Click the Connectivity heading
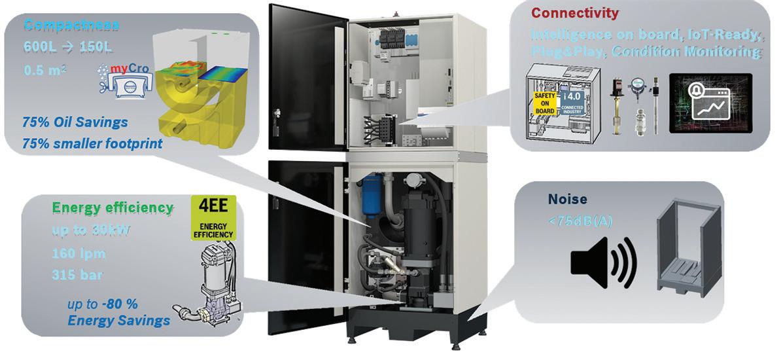pos(574,13)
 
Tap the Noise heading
pos(567,199)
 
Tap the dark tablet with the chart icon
pos(710,105)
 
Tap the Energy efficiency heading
pos(113,208)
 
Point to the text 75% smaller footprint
pos(92,143)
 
